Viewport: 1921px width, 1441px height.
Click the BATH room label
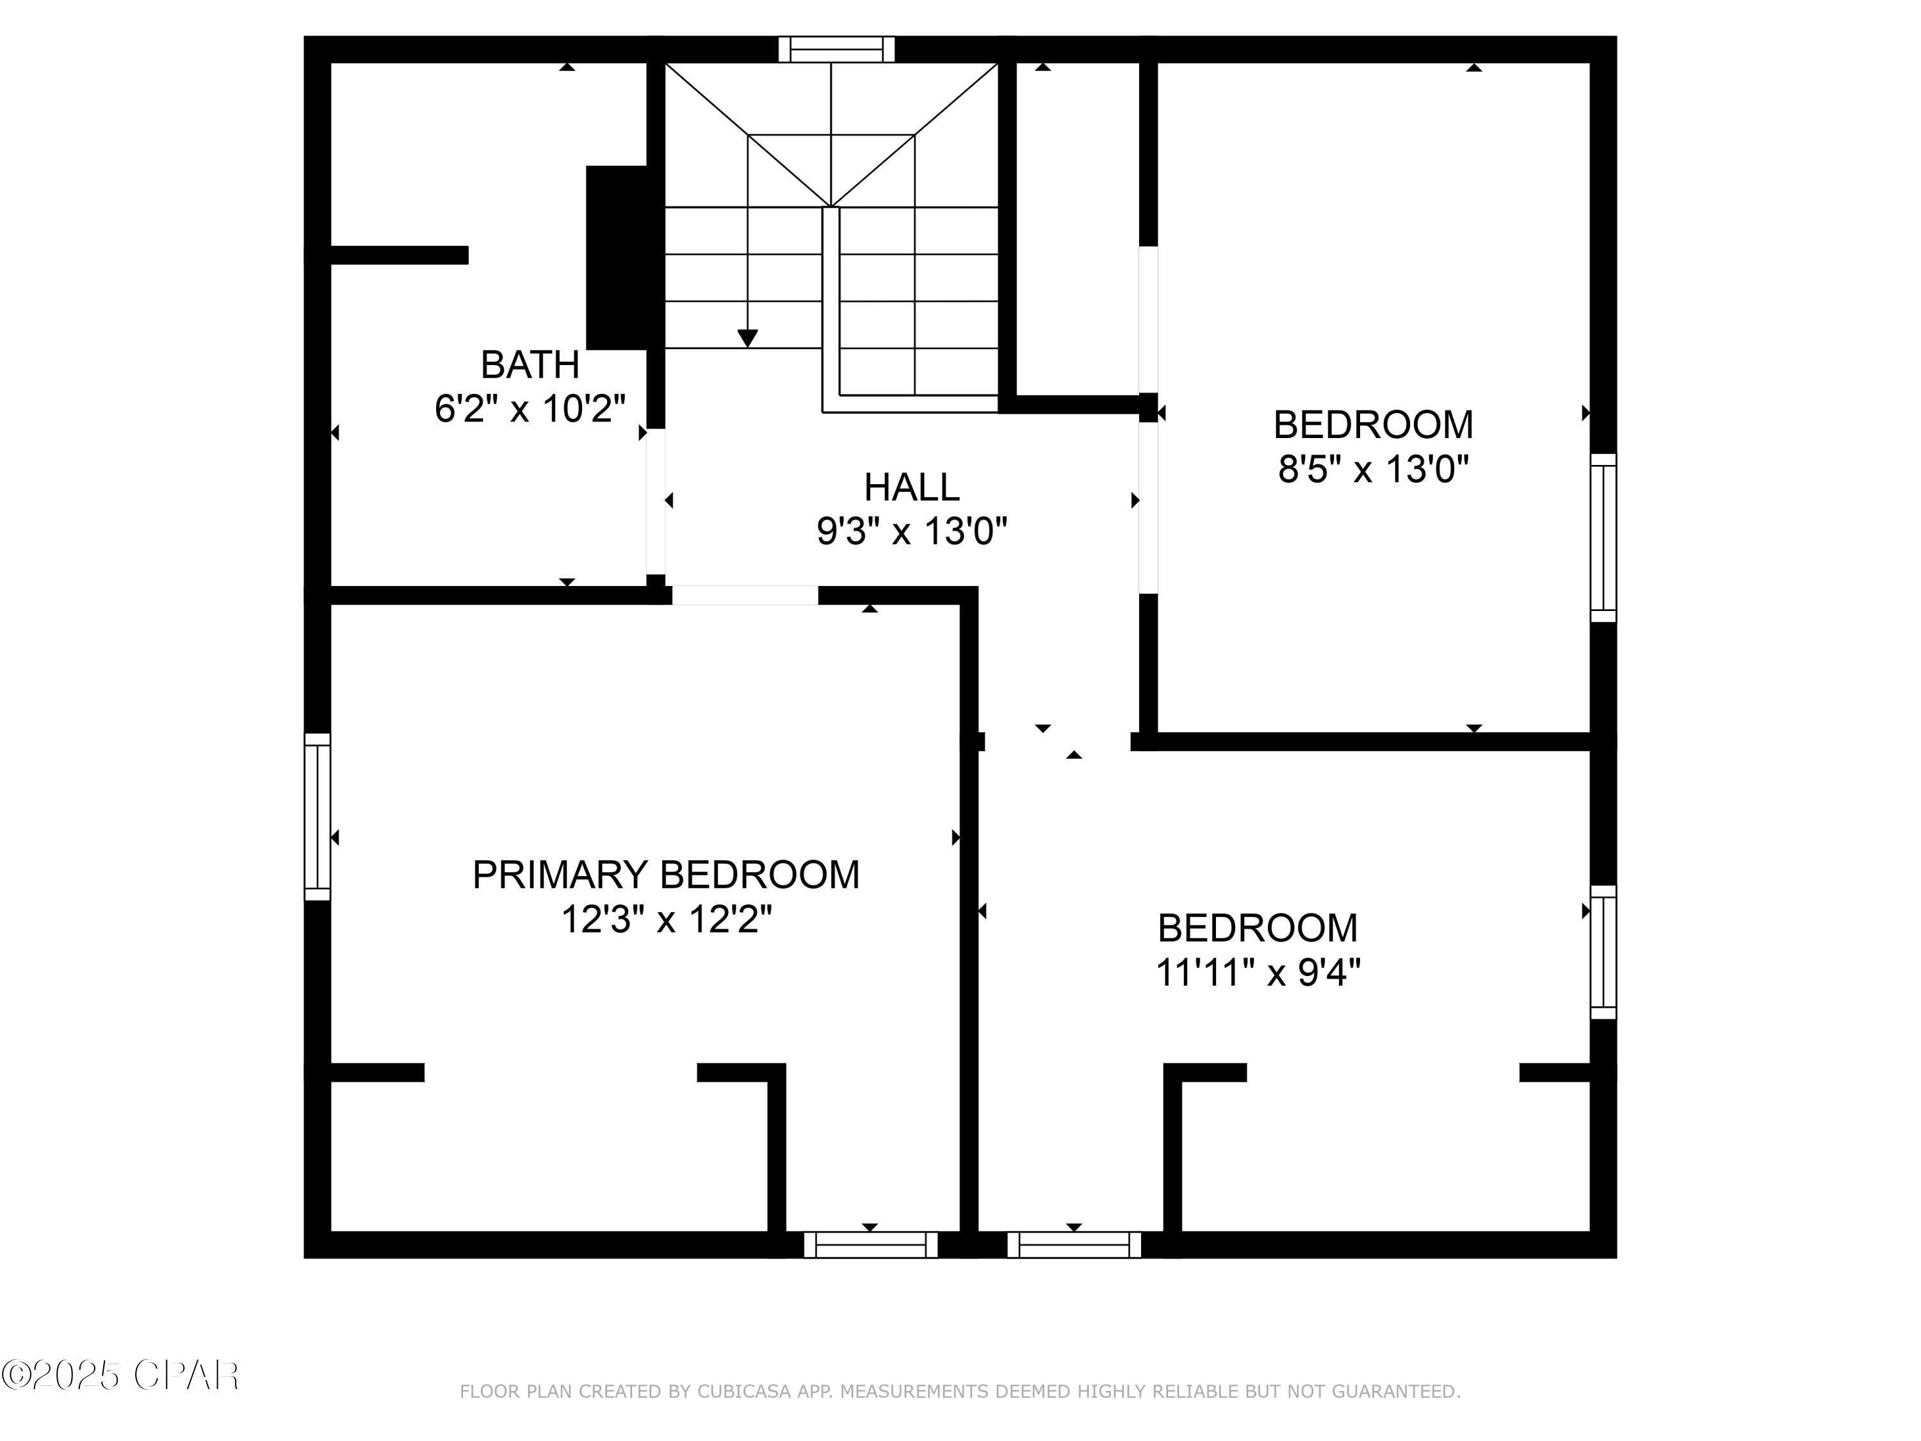point(530,365)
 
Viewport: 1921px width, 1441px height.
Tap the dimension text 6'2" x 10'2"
point(530,408)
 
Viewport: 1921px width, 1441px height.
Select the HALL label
point(911,487)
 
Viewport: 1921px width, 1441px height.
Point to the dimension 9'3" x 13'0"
point(911,531)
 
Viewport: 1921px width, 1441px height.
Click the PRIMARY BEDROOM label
point(665,875)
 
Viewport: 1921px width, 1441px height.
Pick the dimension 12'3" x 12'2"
point(665,919)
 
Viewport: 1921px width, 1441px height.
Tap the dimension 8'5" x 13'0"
point(1372,470)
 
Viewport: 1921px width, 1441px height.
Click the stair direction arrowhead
point(747,338)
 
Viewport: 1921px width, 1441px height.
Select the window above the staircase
point(836,49)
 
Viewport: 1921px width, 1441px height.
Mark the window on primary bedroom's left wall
point(317,817)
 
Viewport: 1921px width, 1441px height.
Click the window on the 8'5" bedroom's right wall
point(1603,538)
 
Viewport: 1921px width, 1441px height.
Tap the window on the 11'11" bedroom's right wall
point(1603,952)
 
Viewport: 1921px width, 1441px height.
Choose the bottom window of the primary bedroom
point(870,1244)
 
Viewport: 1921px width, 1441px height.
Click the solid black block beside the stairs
point(617,258)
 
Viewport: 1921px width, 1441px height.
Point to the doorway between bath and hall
point(656,501)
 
